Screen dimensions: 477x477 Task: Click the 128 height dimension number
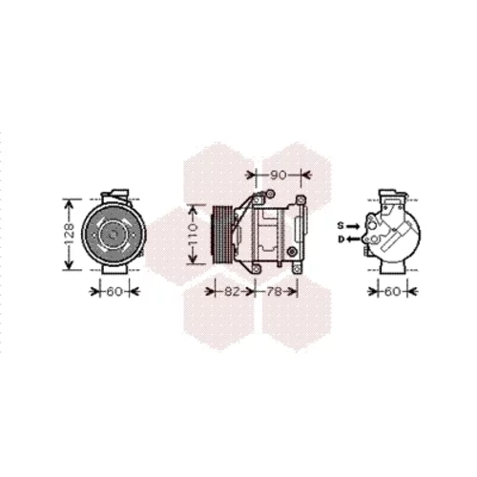(x=69, y=235)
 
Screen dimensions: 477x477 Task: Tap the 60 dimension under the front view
(x=114, y=291)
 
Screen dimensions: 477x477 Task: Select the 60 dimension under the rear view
(x=392, y=291)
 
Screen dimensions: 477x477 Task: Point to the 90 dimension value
(x=279, y=175)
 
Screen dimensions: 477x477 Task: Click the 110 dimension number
(x=193, y=235)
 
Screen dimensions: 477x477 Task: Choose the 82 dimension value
(x=232, y=291)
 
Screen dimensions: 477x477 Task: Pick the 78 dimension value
(x=274, y=291)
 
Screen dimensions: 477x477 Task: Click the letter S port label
(x=341, y=226)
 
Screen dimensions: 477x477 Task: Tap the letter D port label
(x=341, y=239)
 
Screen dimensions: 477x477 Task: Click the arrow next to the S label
(x=353, y=226)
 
